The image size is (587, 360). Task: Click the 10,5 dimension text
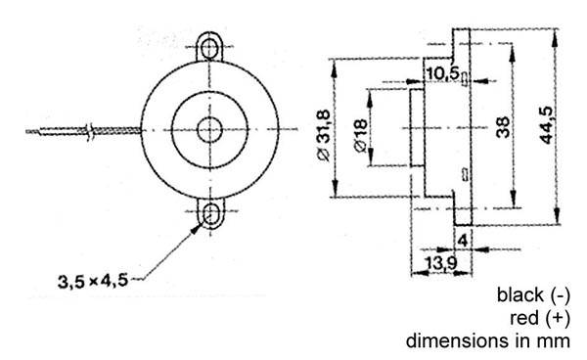click(x=441, y=74)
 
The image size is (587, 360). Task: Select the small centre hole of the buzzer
click(x=208, y=130)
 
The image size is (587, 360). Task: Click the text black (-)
click(x=533, y=294)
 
